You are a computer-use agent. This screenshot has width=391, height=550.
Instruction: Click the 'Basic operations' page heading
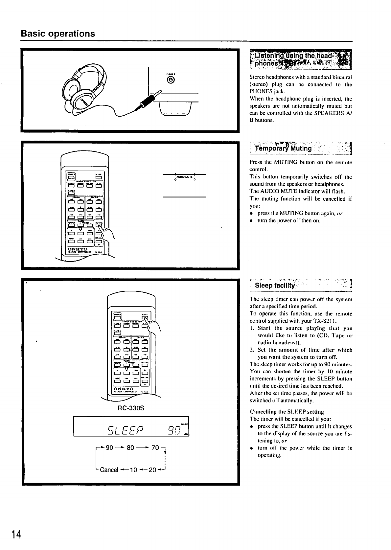click(x=58, y=34)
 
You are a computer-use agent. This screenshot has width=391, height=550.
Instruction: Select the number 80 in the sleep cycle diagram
click(x=130, y=447)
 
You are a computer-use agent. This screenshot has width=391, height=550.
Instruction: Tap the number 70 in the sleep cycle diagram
click(x=155, y=447)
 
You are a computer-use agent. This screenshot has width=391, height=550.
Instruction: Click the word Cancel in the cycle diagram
click(x=109, y=470)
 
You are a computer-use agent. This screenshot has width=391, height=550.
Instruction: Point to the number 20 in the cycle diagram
click(x=152, y=470)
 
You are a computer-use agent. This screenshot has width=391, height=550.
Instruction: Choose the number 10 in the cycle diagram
click(x=133, y=470)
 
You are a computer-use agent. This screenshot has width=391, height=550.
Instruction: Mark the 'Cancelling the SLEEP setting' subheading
click(x=287, y=411)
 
